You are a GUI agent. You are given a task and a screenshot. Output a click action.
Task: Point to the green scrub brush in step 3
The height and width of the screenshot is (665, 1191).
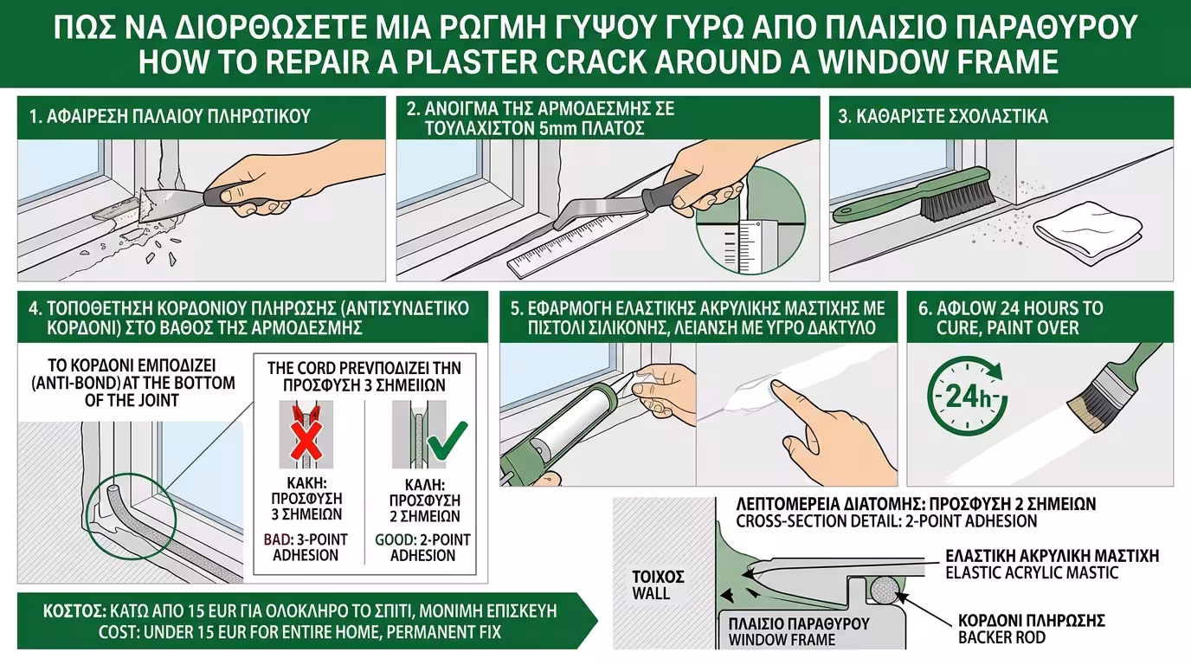[x=909, y=198]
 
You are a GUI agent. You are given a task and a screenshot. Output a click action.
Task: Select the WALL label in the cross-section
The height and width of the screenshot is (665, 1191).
[x=650, y=594]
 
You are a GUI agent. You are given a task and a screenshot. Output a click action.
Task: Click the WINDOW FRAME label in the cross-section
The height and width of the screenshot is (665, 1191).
[x=782, y=640]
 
